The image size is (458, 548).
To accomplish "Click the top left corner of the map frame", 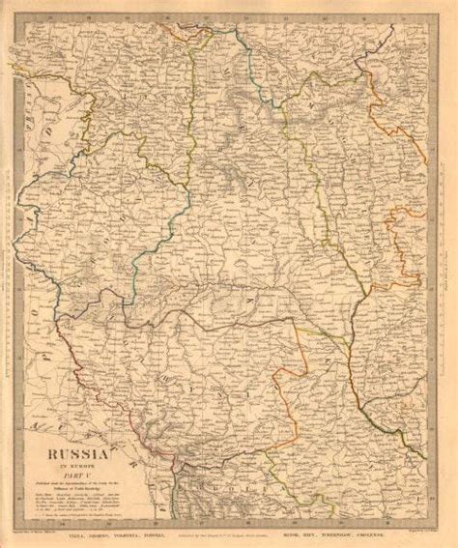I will click(x=18, y=19).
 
